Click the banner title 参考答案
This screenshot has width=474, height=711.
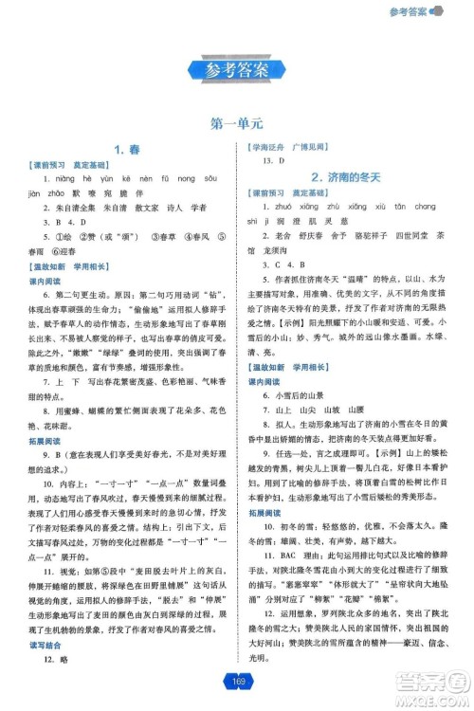236,69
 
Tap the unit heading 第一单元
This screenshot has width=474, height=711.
236,123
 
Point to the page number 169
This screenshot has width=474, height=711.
236,679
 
